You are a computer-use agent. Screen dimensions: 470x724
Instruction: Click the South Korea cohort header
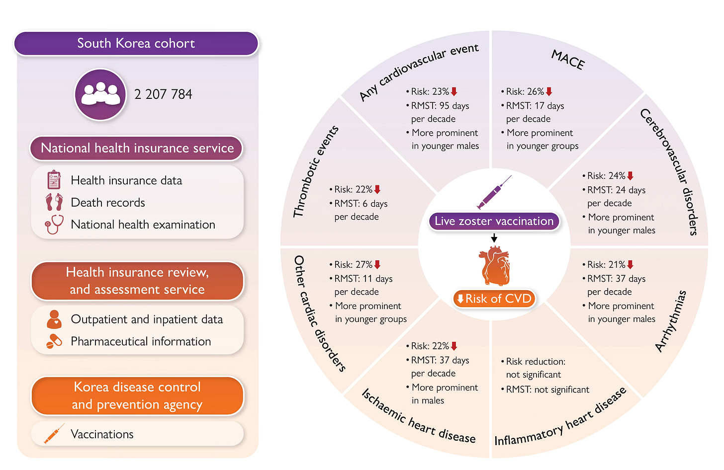click(x=136, y=44)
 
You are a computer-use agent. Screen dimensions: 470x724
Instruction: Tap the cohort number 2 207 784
click(x=163, y=94)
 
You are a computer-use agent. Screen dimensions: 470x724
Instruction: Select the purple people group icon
click(x=100, y=94)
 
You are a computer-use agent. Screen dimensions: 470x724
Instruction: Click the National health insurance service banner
click(x=137, y=148)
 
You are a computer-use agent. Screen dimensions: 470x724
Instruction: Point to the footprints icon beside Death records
click(x=54, y=202)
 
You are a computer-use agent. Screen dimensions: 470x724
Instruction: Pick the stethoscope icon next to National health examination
click(x=54, y=224)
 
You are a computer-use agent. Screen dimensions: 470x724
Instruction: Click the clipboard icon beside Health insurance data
click(x=54, y=180)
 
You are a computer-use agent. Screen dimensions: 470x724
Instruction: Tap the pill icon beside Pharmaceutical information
click(x=54, y=341)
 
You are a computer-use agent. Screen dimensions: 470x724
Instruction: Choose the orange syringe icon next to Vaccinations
click(x=54, y=434)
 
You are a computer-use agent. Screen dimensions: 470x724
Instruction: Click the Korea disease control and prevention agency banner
click(x=137, y=395)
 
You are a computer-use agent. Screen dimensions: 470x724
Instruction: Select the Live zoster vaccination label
click(x=494, y=221)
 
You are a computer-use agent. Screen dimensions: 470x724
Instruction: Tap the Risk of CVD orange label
click(x=494, y=299)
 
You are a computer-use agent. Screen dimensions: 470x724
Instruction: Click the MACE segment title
click(x=568, y=60)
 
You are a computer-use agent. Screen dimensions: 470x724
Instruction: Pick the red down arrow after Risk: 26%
click(x=549, y=91)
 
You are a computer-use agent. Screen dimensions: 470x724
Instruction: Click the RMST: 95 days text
click(x=440, y=106)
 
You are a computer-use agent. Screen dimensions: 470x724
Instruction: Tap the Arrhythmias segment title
click(x=671, y=321)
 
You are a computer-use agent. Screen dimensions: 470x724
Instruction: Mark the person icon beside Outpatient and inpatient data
click(x=54, y=319)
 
